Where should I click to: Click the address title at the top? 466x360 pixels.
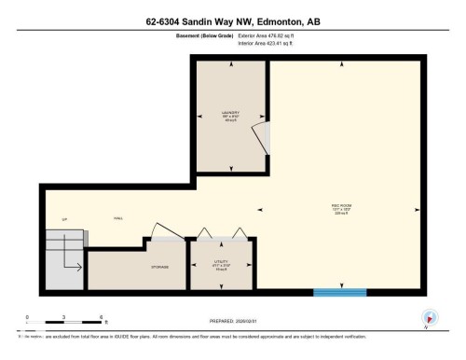tap(232, 20)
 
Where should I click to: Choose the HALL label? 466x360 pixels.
tap(118, 218)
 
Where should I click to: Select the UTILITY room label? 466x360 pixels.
tap(219, 264)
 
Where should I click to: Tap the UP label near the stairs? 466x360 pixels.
tap(64, 219)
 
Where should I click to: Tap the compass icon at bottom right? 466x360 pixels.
tap(430, 317)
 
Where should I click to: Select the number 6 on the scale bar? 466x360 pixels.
tap(101, 317)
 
